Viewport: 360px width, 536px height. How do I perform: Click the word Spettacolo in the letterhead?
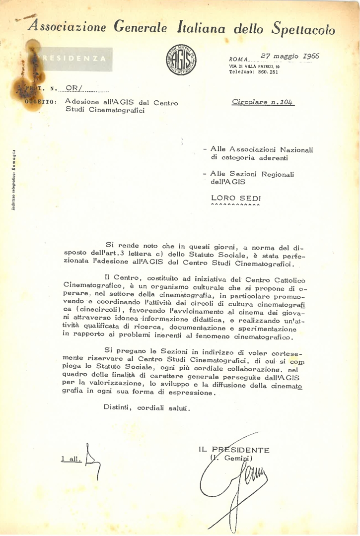[304, 29]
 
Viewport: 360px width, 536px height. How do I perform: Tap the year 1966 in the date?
[308, 56]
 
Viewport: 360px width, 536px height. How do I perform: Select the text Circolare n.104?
[263, 102]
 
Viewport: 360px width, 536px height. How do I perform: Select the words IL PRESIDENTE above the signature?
[234, 450]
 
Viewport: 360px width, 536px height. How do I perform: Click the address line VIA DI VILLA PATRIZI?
[254, 66]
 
